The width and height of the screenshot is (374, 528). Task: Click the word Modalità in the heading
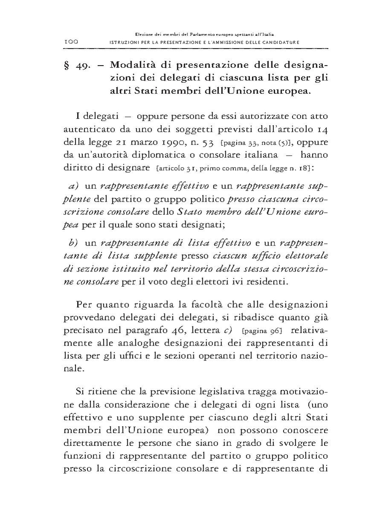click(131, 66)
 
